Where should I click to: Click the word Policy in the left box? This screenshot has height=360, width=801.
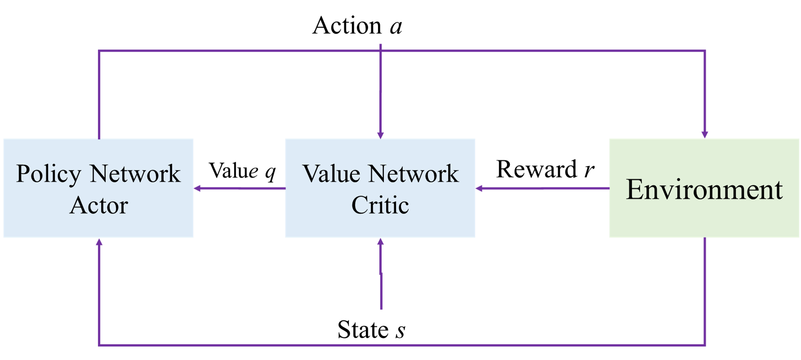(49, 174)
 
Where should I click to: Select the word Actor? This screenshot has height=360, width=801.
(99, 205)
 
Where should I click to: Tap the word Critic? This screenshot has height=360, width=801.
(380, 205)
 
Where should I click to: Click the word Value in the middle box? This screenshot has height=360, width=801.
(331, 174)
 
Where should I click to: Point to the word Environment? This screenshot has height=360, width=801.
(704, 189)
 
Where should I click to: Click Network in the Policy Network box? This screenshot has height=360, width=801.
(135, 174)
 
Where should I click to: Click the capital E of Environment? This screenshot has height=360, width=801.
(634, 189)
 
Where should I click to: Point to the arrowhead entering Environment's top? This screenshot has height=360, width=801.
(705, 134)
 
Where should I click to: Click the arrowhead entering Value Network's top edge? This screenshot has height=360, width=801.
(381, 134)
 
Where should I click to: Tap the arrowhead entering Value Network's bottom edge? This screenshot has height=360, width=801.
(381, 242)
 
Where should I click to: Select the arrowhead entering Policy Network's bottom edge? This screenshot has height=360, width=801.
(99, 242)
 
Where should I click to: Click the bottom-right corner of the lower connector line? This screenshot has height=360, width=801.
(705, 345)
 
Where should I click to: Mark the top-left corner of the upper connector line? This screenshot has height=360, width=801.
(99, 51)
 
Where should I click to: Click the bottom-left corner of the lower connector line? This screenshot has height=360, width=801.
(99, 345)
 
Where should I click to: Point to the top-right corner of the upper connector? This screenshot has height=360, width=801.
(705, 51)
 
